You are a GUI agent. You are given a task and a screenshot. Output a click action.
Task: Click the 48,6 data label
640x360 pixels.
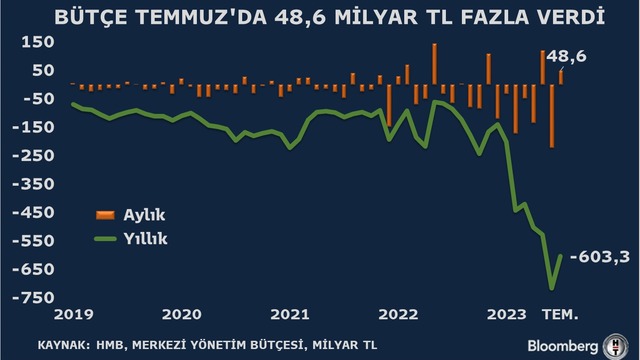click(566, 56)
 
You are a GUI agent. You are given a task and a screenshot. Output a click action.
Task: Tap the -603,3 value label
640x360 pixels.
click(600, 257)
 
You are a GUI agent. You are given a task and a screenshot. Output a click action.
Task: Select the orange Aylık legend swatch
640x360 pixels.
click(105, 215)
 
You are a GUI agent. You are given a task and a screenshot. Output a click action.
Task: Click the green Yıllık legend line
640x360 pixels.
click(105, 239)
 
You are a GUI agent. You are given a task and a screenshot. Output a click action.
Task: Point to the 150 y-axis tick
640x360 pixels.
click(38, 42)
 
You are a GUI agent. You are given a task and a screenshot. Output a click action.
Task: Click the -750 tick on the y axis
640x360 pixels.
click(33, 298)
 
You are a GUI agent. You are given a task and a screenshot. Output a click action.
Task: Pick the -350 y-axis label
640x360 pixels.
click(33, 184)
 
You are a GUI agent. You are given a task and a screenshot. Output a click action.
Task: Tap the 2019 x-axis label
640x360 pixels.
click(74, 314)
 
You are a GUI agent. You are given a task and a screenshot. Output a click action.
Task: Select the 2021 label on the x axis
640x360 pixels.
click(290, 314)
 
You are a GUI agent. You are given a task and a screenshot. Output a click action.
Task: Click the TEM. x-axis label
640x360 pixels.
click(560, 314)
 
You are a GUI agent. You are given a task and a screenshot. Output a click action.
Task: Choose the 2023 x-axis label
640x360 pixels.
click(507, 314)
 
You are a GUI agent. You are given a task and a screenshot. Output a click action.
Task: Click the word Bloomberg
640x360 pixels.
click(562, 346)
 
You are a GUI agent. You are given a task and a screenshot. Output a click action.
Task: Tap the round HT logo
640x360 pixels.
click(616, 346)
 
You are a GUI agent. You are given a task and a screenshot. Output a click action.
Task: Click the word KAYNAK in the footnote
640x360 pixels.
click(64, 345)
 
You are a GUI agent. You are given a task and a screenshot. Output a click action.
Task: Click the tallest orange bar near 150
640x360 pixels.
click(434, 64)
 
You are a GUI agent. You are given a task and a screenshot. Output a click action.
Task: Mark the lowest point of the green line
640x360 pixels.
click(552, 289)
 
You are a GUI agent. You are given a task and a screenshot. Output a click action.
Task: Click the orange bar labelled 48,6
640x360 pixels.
click(561, 78)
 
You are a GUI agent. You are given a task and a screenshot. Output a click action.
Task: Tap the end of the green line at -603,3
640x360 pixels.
click(561, 256)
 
